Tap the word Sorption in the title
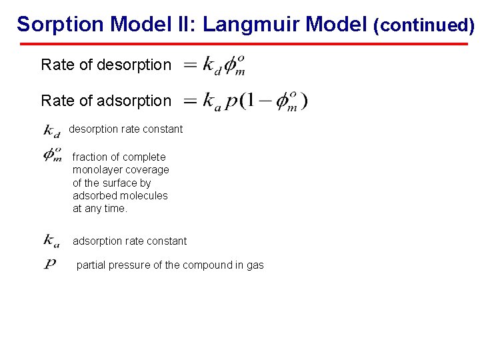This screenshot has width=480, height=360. point(60,24)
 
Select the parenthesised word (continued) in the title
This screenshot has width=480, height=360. point(424,25)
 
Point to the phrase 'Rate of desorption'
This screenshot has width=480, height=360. point(106,65)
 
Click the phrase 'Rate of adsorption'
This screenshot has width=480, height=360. point(106,101)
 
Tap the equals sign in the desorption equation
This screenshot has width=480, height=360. point(190,65)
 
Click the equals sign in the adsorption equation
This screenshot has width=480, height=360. point(190,101)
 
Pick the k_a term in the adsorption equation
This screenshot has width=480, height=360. point(211,102)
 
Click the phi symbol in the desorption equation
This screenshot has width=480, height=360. point(233,65)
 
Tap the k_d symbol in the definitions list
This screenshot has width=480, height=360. point(51,130)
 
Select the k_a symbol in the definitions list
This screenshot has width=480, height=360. point(51,241)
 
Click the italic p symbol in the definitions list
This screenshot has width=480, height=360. point(51,265)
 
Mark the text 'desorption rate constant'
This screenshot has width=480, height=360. point(125,129)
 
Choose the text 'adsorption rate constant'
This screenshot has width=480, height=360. point(129,241)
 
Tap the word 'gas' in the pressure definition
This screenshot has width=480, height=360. point(255,265)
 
